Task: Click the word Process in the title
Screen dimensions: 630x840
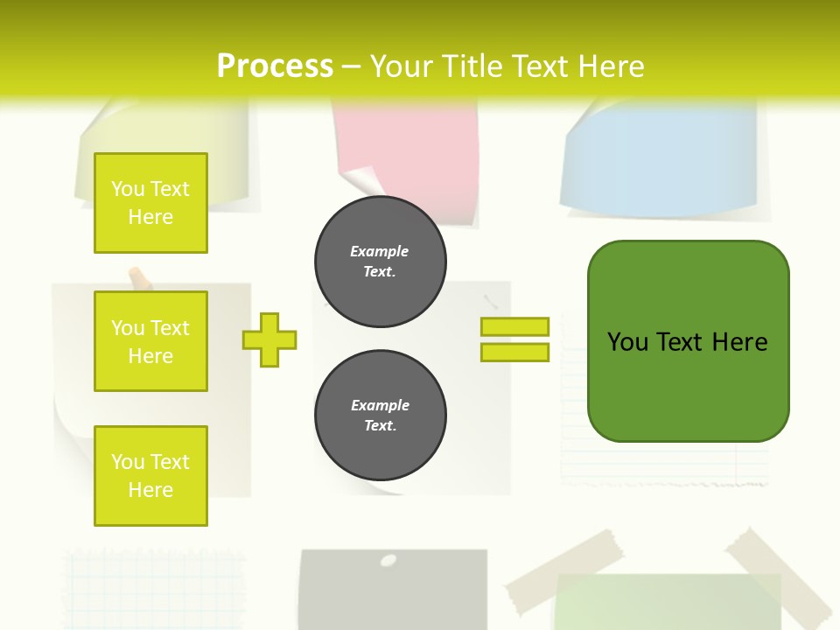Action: pos(275,66)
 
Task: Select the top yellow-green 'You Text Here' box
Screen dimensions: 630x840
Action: pos(150,203)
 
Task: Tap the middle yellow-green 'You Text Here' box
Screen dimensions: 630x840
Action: pos(150,341)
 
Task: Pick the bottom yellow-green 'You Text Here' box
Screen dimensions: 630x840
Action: pos(150,475)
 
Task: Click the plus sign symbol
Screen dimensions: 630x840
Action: pos(269,339)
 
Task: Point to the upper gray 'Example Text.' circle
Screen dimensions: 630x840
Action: pos(380,262)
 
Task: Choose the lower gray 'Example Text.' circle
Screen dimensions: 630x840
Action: pos(380,416)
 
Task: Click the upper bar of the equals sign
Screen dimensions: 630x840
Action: pos(514,327)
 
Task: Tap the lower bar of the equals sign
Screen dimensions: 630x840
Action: pos(514,353)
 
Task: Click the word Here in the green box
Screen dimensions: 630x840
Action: pos(739,342)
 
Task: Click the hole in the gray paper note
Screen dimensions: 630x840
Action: pos(388,559)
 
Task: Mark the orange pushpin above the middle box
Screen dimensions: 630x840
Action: pos(138,279)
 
